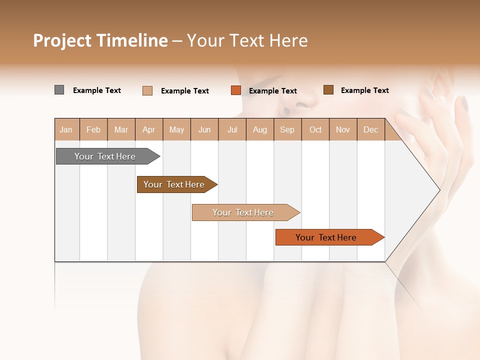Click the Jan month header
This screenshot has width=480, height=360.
pyautogui.click(x=66, y=129)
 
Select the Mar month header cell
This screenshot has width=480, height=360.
pyautogui.click(x=121, y=129)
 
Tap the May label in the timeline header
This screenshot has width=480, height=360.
pyautogui.click(x=176, y=129)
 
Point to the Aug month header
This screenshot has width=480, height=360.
pyautogui.click(x=259, y=129)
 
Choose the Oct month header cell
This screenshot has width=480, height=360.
pyautogui.click(x=315, y=129)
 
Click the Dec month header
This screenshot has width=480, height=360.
pyautogui.click(x=370, y=129)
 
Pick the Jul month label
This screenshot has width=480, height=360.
pyautogui.click(x=232, y=129)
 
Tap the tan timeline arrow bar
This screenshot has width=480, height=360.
pyautogui.click(x=243, y=212)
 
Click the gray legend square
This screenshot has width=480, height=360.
pyautogui.click(x=59, y=90)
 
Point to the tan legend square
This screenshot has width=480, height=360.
pyautogui.click(x=147, y=90)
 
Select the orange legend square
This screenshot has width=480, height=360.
pyautogui.click(x=236, y=90)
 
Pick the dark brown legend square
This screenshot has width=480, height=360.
pyautogui.click(x=328, y=90)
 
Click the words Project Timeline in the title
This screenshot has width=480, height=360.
pyautogui.click(x=100, y=40)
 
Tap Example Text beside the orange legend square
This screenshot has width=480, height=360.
pyautogui.click(x=272, y=91)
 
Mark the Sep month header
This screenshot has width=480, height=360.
pyautogui.click(x=287, y=129)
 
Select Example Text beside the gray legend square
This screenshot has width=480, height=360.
pyautogui.click(x=96, y=90)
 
